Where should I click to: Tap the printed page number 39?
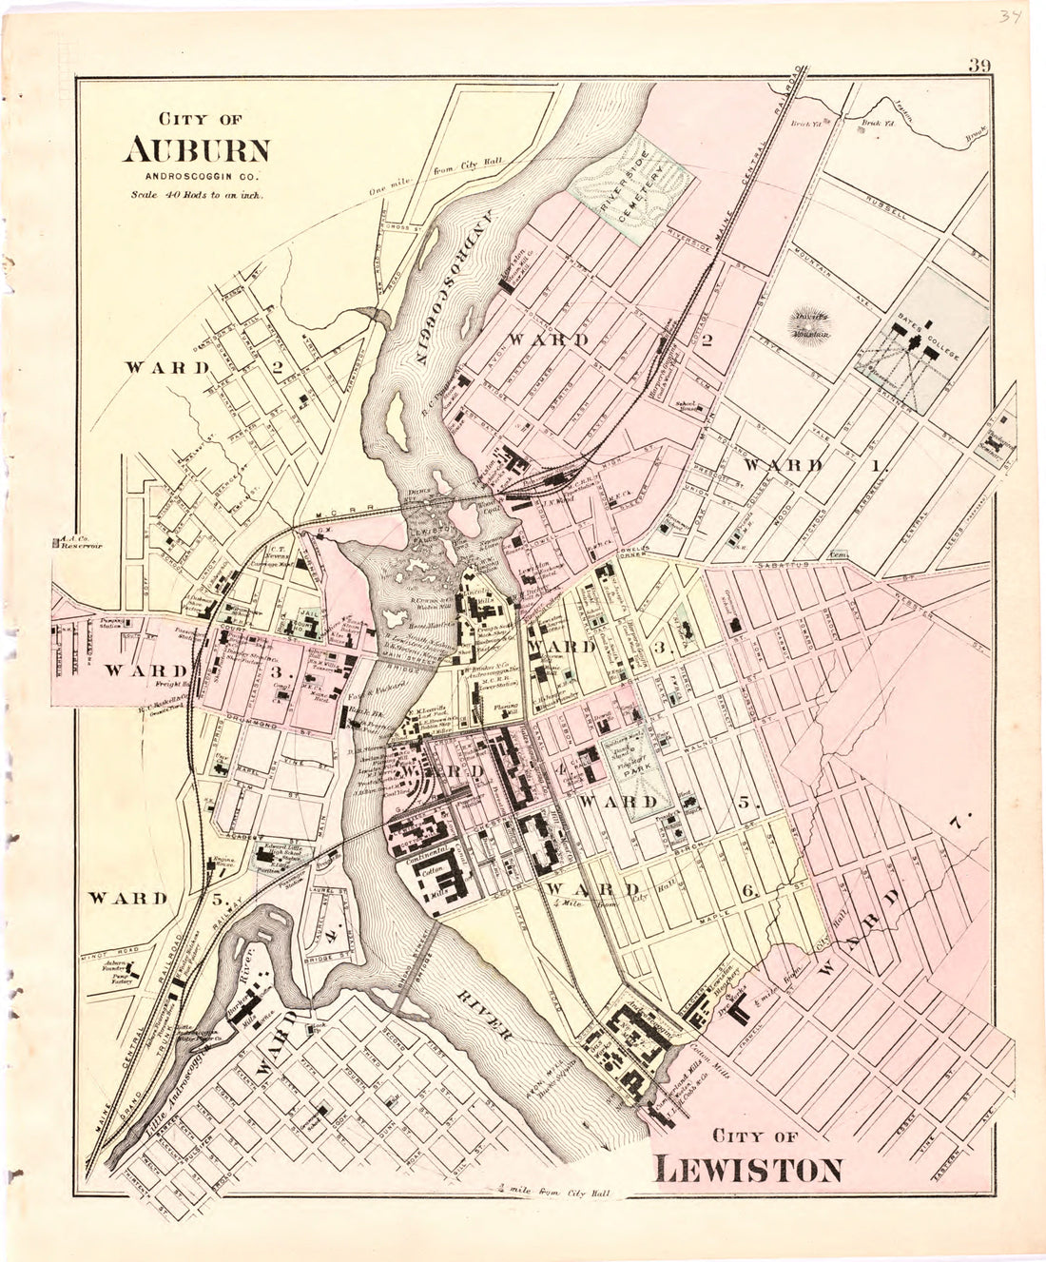click(x=980, y=66)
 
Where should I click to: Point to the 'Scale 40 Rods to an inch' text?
click(x=198, y=195)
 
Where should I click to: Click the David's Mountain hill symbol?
click(x=810, y=324)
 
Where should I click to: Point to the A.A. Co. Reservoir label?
click(x=78, y=545)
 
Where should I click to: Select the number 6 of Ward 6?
click(x=747, y=890)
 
